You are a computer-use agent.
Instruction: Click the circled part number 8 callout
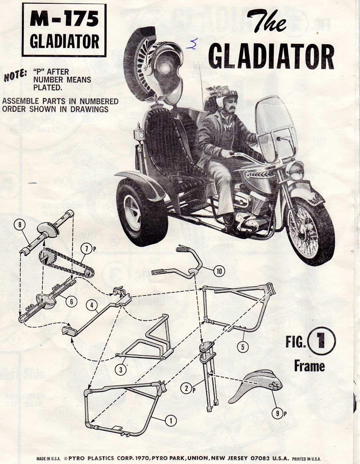[x=20, y=225]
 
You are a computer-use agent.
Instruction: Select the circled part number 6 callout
[x=71, y=302]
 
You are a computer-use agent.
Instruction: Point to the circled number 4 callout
[x=92, y=305]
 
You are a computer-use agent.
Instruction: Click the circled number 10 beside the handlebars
[x=219, y=271]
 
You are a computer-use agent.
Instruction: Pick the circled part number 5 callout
[x=243, y=347]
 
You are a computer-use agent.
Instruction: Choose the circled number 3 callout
[x=121, y=370]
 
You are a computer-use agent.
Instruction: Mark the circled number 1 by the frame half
[x=171, y=421]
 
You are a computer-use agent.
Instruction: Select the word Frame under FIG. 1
[x=309, y=366]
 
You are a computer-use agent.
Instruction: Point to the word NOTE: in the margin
[x=15, y=76]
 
